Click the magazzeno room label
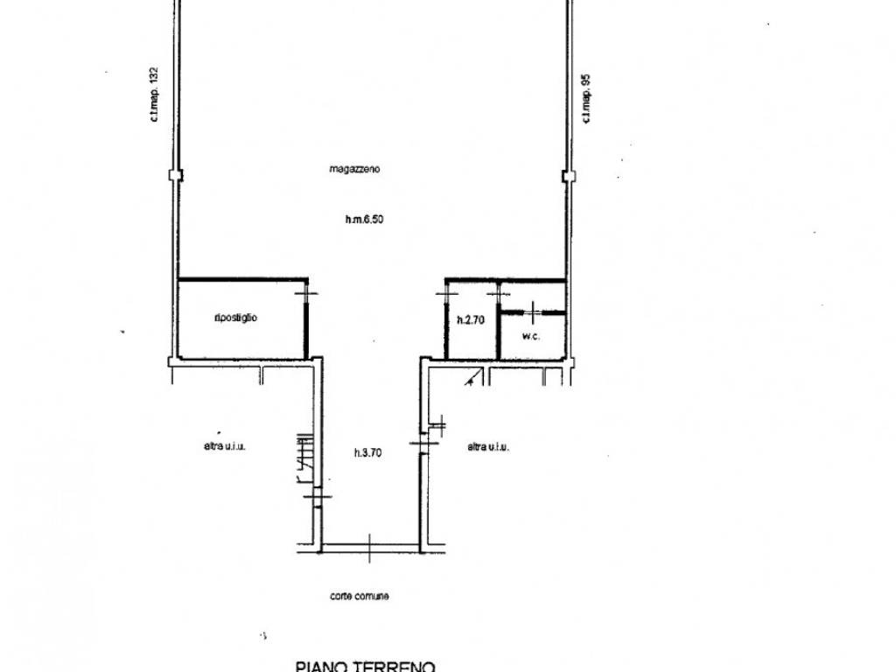(354, 170)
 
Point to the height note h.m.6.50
(364, 220)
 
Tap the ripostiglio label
(235, 318)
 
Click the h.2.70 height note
(471, 320)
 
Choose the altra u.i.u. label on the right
(488, 446)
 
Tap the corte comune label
(360, 596)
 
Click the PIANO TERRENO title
(366, 665)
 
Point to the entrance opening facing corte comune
(370, 549)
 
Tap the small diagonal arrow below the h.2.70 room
(472, 379)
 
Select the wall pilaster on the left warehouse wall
(175, 174)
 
